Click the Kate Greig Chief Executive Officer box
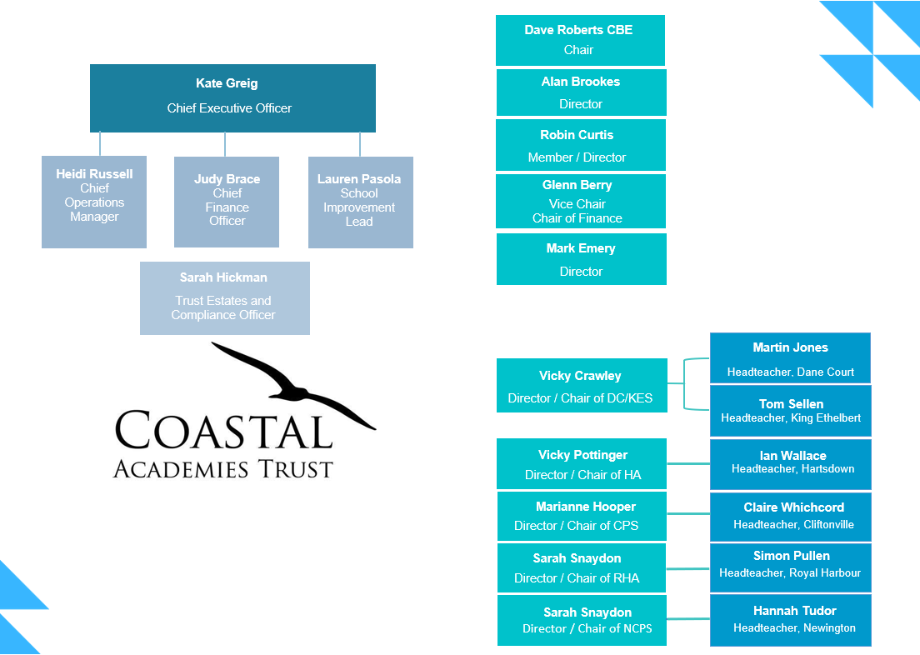coord(232,98)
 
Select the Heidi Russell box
coord(94,202)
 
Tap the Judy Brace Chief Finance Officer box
coord(227,202)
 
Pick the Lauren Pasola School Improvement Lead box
coord(360,202)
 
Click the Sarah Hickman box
coord(225,298)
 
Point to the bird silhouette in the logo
coord(287,382)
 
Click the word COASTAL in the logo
coord(224,430)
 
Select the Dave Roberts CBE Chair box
coord(580,41)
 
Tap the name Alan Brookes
coord(581,82)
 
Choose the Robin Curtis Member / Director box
coord(581,145)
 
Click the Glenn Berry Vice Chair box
coord(581,202)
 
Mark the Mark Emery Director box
coord(582,259)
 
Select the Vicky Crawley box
coord(582,386)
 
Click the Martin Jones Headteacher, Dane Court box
coord(790,358)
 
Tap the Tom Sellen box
coord(790,411)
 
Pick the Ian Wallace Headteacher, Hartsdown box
coord(790,464)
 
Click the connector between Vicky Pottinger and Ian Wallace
coord(688,463)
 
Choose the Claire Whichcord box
coord(790,517)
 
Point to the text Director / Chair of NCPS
coord(587,628)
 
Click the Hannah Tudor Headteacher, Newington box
coord(790,620)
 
